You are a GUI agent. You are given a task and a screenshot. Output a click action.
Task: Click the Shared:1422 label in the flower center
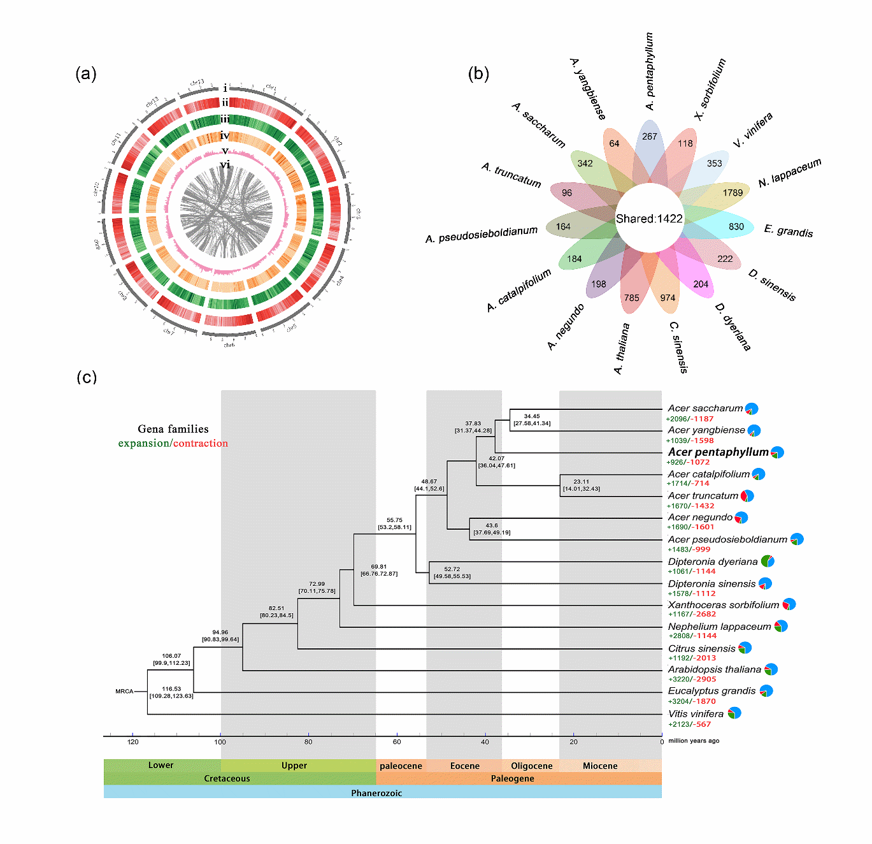coord(649,219)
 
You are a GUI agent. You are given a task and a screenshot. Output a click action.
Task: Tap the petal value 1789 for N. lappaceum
coord(733,193)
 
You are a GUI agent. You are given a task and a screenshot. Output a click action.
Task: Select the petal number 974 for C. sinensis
coord(668,298)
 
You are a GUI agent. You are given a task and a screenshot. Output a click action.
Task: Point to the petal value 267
coord(649,136)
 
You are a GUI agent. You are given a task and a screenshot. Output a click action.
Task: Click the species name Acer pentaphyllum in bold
coord(718,452)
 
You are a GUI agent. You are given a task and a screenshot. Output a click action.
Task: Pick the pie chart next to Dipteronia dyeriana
coord(768,562)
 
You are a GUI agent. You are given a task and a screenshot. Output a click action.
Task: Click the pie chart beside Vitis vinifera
coord(734,713)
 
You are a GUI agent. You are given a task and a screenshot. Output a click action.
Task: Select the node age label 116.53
coord(171,688)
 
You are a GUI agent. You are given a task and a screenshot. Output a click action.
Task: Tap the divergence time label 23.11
coord(581,482)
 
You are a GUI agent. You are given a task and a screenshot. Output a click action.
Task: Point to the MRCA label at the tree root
coord(124,691)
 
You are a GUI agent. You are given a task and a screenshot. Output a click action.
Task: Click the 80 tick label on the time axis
coord(308,742)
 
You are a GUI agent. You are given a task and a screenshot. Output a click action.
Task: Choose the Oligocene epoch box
coord(531,766)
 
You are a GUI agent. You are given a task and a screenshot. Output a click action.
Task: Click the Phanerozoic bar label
coord(376,793)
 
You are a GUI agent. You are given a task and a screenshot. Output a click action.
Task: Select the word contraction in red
coord(200,443)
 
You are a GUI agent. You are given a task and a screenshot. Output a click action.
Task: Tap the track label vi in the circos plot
coord(225,164)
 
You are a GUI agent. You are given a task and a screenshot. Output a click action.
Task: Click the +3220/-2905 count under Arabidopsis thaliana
coord(692,680)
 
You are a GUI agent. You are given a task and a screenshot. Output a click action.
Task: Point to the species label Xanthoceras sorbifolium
coord(723,605)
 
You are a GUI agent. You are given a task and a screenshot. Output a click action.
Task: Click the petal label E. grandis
coord(789,231)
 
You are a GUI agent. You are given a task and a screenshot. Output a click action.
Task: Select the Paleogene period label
coord(512,778)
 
